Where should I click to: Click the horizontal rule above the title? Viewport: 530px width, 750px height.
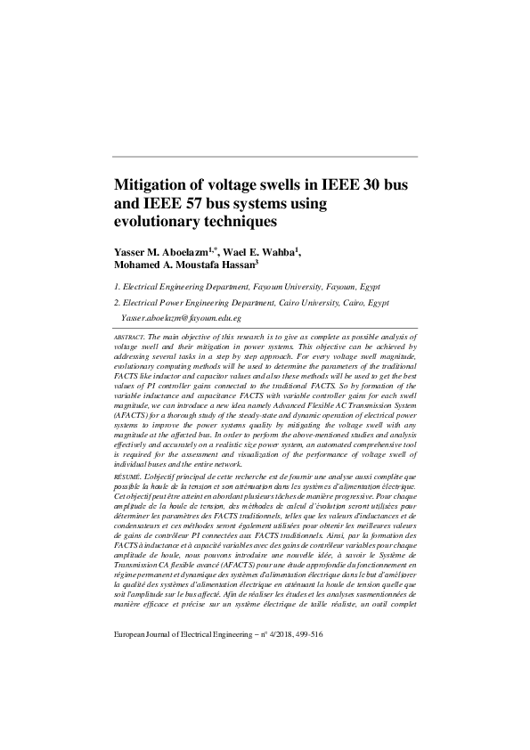tap(265, 158)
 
